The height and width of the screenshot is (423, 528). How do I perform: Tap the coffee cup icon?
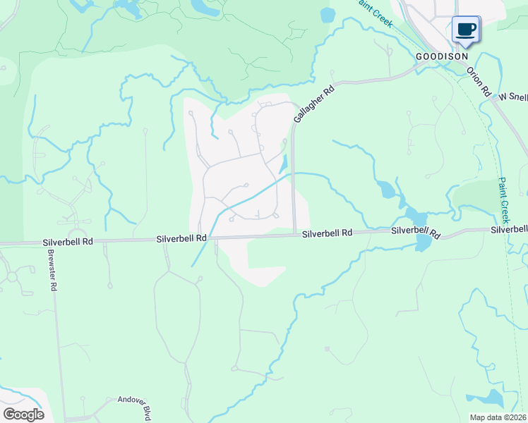(x=465, y=30)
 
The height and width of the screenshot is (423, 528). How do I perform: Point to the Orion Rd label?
(x=478, y=82)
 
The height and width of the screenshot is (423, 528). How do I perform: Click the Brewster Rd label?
(x=52, y=271)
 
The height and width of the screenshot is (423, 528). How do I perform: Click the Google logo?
(x=23, y=414)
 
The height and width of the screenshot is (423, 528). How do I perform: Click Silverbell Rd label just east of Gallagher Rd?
(x=327, y=233)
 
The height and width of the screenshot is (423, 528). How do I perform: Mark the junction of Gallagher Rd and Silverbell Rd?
(x=294, y=235)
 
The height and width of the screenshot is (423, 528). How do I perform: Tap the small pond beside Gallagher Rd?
(x=284, y=164)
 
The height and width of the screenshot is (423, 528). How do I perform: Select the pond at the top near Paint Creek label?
(x=328, y=15)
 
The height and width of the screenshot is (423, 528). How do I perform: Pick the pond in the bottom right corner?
(x=493, y=399)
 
